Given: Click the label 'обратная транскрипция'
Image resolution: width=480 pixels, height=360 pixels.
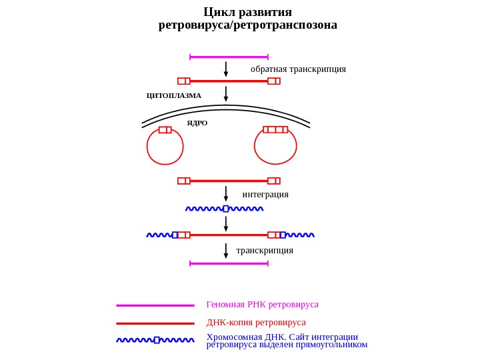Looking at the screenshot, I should (298, 69).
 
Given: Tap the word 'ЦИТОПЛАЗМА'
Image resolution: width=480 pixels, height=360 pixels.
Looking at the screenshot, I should (174, 95).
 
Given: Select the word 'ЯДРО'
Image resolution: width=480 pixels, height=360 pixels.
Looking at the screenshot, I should (197, 123).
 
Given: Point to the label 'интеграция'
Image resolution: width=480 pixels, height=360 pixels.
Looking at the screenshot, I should (265, 194).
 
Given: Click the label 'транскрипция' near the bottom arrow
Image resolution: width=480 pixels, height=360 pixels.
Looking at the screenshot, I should (265, 250).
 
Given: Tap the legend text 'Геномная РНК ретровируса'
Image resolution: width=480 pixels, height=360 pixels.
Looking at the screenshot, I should (262, 304).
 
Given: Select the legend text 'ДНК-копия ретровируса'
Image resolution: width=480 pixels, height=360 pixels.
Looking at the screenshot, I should (256, 322).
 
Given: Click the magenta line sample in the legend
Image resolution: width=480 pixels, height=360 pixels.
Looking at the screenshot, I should (155, 305).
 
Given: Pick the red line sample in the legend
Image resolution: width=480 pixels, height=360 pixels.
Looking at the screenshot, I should (155, 323).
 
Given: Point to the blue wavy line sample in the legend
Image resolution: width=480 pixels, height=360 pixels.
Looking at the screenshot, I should (155, 340).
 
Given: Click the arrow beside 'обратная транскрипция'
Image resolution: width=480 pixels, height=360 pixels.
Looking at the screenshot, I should (226, 69).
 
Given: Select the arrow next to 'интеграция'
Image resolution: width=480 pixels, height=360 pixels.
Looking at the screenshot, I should (226, 194).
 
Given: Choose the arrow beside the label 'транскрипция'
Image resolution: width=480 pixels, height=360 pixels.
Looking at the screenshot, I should (226, 251).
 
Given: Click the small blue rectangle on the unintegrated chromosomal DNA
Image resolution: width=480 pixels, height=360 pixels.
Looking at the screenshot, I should (226, 209).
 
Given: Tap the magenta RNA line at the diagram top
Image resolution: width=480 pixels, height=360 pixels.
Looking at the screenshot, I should (229, 57).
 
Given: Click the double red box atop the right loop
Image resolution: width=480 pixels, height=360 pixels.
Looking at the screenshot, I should (275, 129).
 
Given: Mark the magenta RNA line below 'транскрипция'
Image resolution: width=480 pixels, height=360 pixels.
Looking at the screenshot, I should (229, 263).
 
